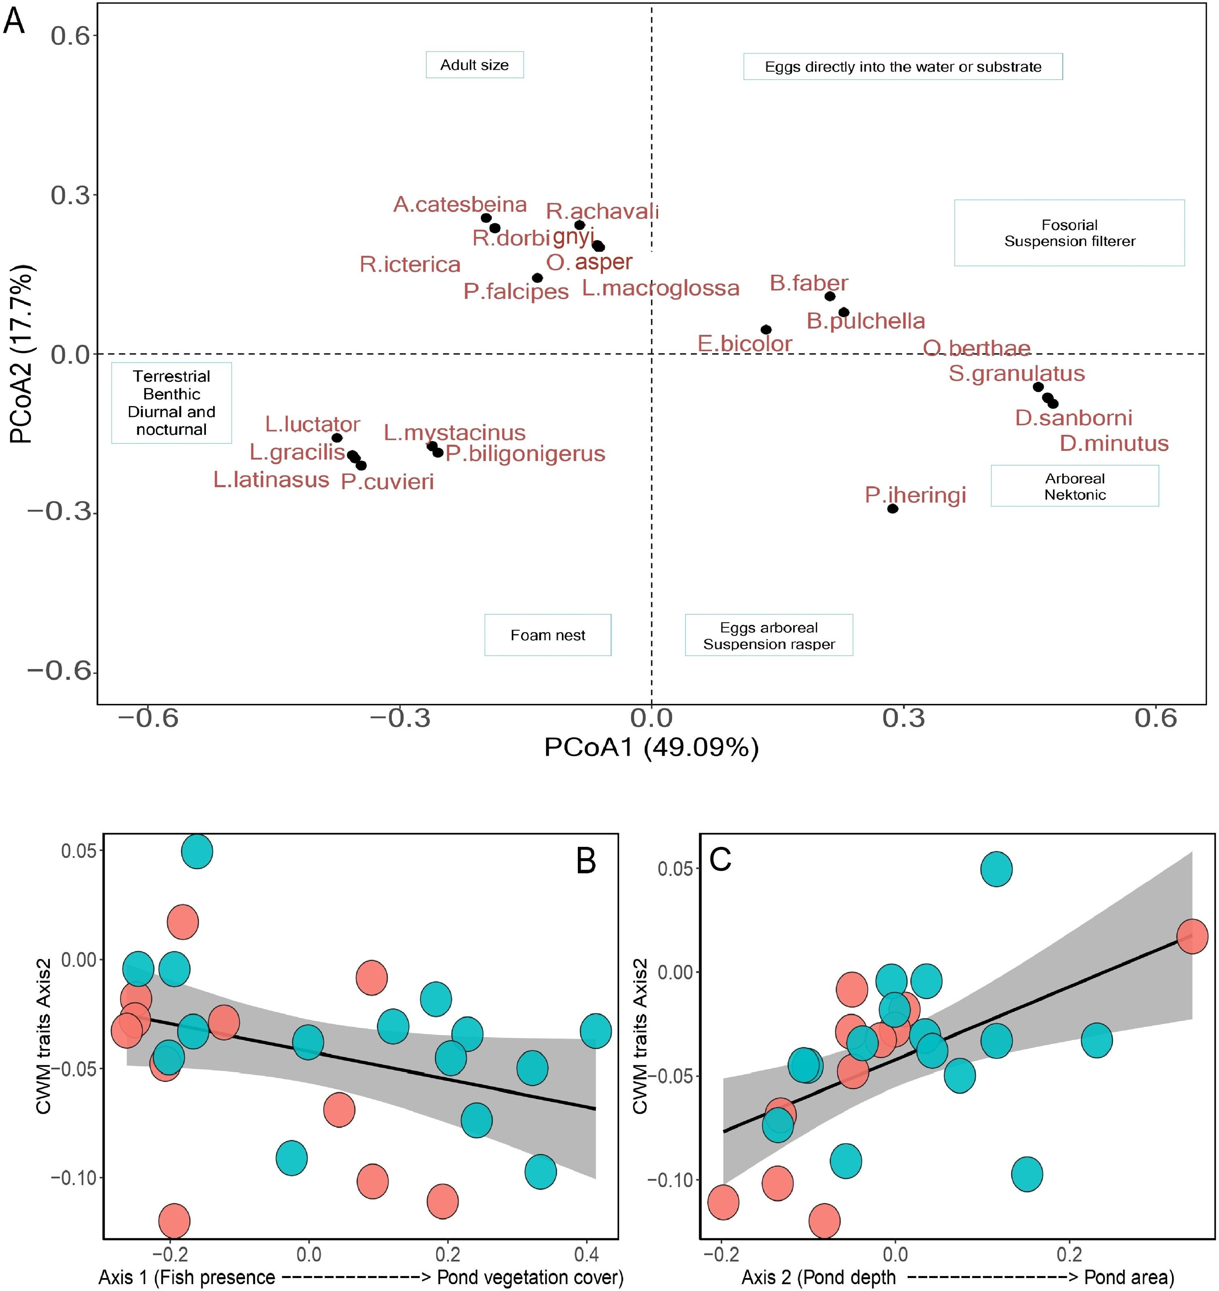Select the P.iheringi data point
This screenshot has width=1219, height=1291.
[x=893, y=508]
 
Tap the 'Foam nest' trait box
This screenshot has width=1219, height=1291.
[x=548, y=635]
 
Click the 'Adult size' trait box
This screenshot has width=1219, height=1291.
[x=474, y=65]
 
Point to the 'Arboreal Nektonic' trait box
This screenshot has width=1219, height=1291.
[x=1075, y=486]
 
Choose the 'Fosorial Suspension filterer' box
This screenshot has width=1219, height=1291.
[x=1069, y=233]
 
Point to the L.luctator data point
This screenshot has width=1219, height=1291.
[x=337, y=438]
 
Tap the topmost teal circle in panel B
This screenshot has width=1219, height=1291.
[x=197, y=851]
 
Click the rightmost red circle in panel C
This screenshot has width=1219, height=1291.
[x=1192, y=936]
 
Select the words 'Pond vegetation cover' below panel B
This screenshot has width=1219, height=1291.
[x=530, y=1277]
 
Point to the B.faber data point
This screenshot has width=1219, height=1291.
[x=830, y=296]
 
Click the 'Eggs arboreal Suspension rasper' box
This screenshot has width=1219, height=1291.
[x=769, y=635]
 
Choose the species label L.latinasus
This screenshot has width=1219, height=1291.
[x=271, y=479]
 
